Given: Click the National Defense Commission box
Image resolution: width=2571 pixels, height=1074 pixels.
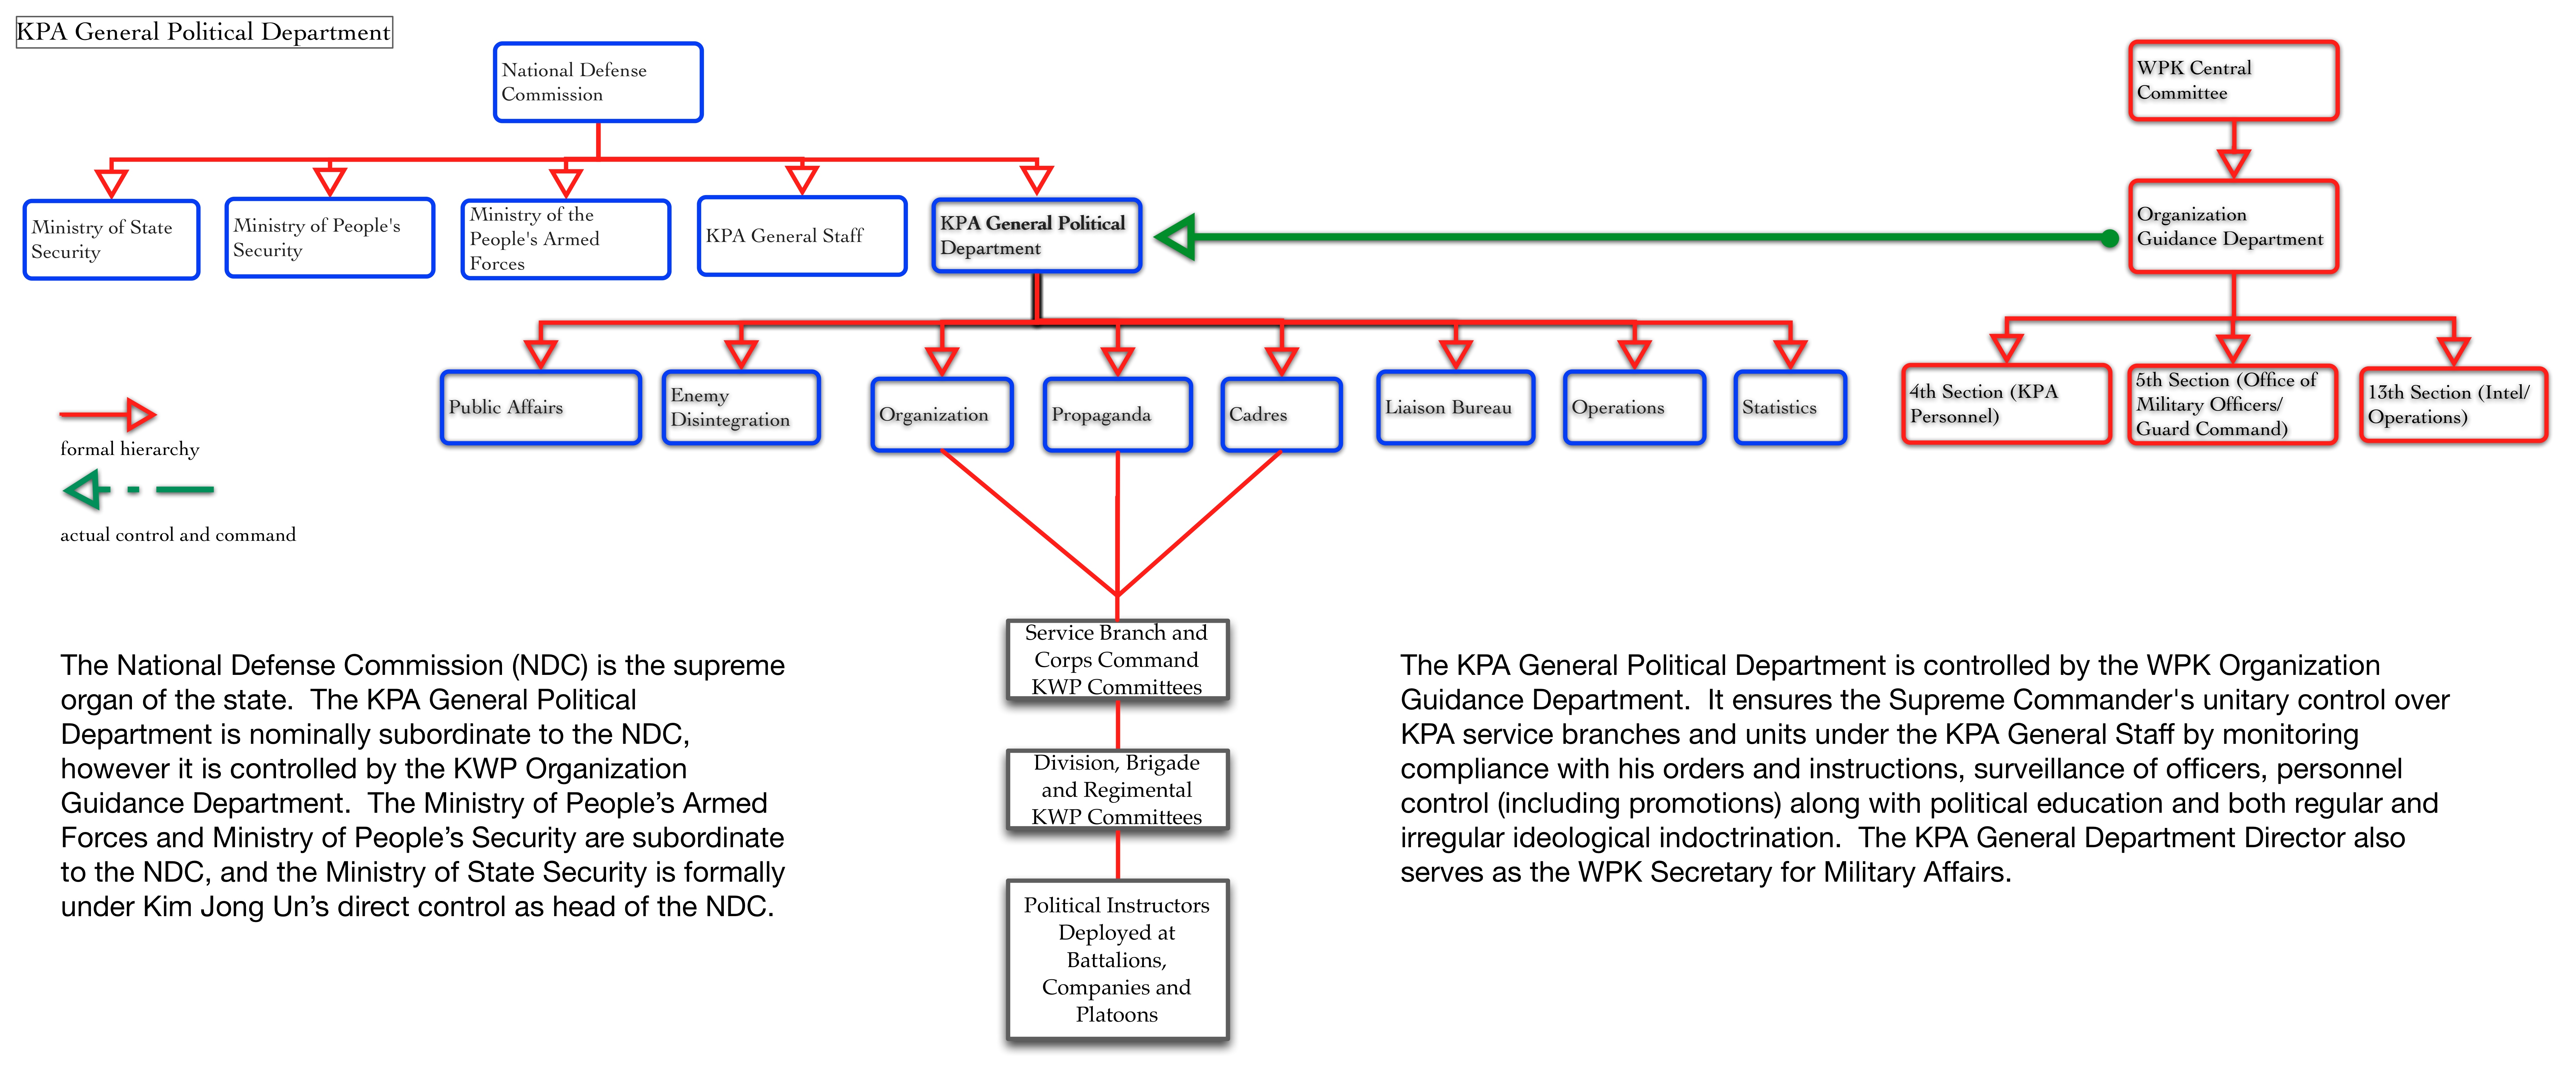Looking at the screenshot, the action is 598,82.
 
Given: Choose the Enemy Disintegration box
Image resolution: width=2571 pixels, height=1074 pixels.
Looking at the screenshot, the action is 740,407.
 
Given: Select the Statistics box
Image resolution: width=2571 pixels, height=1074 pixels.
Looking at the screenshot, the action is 1791,407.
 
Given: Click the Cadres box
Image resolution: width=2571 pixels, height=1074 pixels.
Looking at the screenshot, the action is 1281,414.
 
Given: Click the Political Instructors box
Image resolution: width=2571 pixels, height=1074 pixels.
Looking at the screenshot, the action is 1117,959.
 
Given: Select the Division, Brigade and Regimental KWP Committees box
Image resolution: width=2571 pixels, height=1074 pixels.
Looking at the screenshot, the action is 1117,790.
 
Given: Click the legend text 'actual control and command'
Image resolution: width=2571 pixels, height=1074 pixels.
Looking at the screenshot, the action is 178,535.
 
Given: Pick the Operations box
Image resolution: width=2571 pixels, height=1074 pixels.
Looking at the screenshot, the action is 1634,407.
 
